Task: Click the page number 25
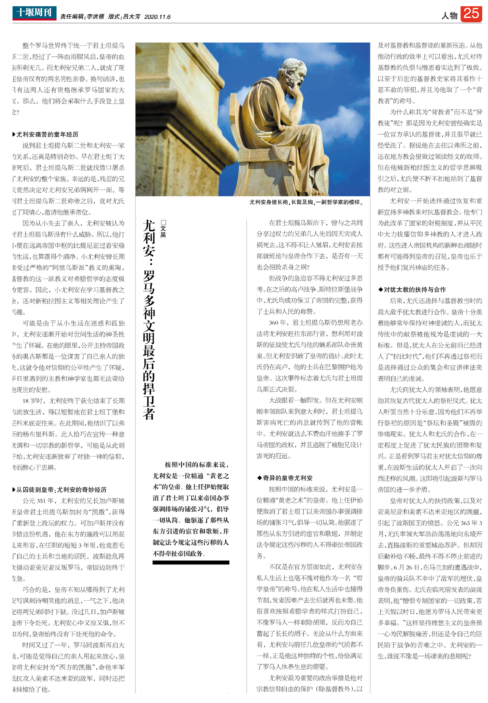tap(471, 14)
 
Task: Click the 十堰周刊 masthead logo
tap(34, 13)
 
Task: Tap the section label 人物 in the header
tap(449, 16)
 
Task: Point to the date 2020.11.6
tap(157, 17)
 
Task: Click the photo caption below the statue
tap(306, 202)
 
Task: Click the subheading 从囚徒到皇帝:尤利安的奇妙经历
tap(61, 490)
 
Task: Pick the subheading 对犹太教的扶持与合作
tap(414, 290)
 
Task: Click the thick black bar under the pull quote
tap(191, 562)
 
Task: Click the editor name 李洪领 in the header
tap(96, 17)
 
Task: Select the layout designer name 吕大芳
tap(131, 17)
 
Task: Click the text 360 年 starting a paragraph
tap(277, 323)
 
